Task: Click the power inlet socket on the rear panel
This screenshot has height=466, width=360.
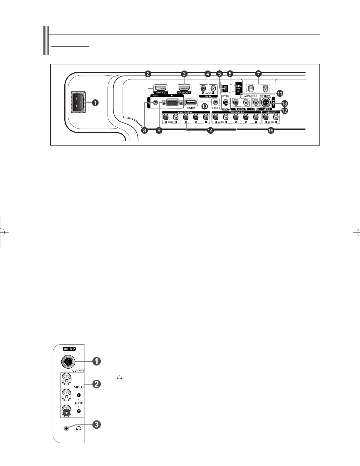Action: tap(78, 103)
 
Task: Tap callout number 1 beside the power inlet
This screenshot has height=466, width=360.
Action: tap(94, 103)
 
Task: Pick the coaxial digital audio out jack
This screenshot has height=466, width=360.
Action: tap(226, 103)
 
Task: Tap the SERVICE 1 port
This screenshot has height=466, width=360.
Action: tap(191, 103)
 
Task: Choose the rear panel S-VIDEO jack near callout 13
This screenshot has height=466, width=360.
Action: tap(266, 103)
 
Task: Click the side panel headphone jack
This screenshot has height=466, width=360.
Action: tap(67, 428)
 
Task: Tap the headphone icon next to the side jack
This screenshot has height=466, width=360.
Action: tap(78, 428)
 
